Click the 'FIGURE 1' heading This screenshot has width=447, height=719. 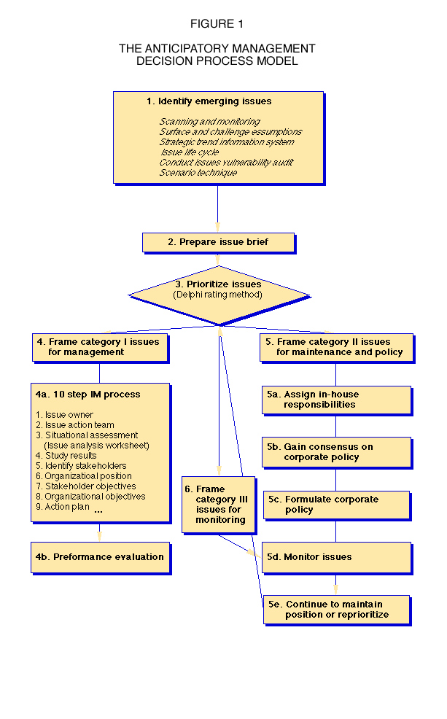click(217, 24)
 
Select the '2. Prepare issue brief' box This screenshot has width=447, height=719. click(219, 243)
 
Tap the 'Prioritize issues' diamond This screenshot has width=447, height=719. click(219, 296)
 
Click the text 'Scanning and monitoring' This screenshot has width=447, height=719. click(209, 122)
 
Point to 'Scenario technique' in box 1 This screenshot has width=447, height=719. click(198, 172)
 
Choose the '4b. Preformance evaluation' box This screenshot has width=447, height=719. click(101, 558)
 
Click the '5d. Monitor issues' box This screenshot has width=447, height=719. click(337, 558)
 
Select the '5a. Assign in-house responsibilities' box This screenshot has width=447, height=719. click(338, 401)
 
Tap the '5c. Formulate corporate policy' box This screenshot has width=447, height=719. click(337, 506)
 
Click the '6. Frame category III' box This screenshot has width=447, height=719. click(219, 505)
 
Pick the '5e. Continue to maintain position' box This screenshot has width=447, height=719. click(338, 610)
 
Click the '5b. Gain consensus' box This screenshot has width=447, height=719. click(338, 453)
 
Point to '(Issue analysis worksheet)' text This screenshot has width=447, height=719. click(97, 446)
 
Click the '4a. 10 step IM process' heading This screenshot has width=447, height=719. click(88, 395)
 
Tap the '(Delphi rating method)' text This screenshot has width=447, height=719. click(218, 295)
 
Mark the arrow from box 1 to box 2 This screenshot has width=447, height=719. click(218, 209)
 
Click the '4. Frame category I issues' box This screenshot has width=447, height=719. click(101, 349)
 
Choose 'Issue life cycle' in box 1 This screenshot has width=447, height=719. click(190, 152)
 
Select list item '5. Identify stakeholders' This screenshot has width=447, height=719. click(81, 466)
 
